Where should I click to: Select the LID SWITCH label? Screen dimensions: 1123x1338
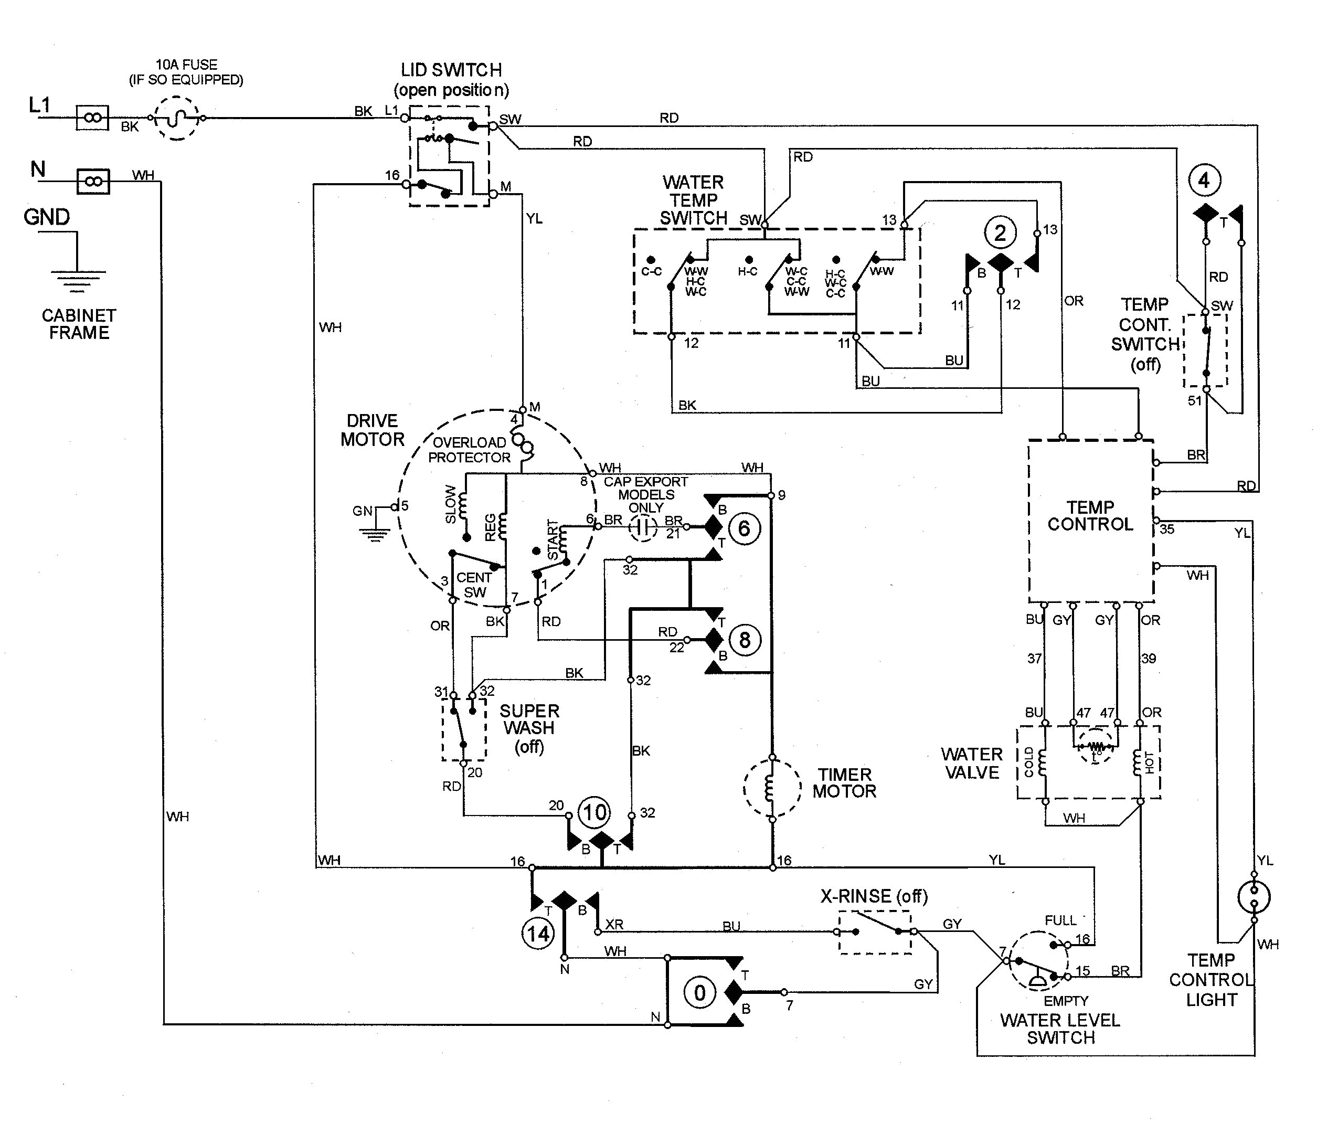[x=451, y=70]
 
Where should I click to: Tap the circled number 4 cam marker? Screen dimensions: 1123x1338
[x=1204, y=181]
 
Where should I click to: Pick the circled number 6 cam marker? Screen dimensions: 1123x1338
[x=744, y=528]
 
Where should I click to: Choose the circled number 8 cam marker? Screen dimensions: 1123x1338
[x=744, y=640]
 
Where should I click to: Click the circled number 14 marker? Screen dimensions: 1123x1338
[x=538, y=934]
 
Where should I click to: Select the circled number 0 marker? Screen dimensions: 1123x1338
[x=699, y=992]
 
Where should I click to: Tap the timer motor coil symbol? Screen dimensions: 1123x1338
[x=771, y=788]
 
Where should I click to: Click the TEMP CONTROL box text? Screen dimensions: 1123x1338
[x=1090, y=516]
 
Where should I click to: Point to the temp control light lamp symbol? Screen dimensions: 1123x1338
[x=1253, y=897]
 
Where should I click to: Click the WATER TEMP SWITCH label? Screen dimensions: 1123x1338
[x=693, y=200]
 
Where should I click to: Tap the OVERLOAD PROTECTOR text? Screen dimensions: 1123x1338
[x=469, y=450]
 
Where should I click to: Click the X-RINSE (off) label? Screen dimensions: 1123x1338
[x=874, y=897]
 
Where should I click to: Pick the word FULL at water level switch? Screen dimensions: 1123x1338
[x=1060, y=920]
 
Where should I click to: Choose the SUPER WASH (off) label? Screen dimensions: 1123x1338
[x=529, y=728]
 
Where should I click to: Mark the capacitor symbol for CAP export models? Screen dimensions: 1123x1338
[x=643, y=528]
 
